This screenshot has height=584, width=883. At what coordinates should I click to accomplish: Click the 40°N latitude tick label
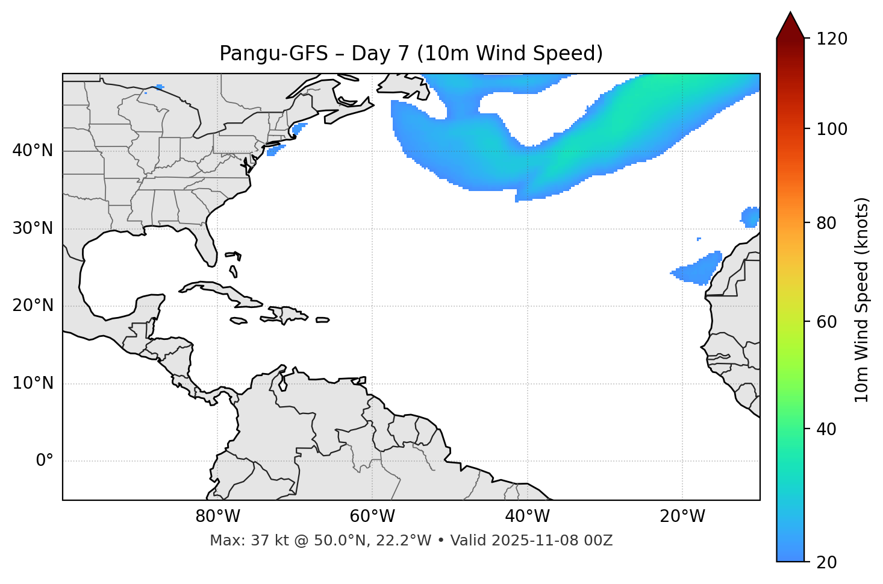tap(33, 151)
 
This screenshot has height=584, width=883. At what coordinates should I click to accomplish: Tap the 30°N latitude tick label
tap(33, 228)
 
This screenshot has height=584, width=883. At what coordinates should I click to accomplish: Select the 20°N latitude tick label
tap(33, 306)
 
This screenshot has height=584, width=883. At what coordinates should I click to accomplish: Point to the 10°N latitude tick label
tap(33, 383)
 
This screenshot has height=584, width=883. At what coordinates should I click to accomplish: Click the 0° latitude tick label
tap(45, 461)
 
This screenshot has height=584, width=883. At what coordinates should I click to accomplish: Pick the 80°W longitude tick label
tap(217, 516)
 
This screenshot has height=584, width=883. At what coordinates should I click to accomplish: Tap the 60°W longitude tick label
tap(372, 516)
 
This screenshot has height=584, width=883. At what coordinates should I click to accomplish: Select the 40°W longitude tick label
tap(527, 516)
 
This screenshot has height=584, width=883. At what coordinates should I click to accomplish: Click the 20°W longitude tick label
tap(682, 516)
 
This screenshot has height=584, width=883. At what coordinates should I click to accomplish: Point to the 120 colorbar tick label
tap(832, 39)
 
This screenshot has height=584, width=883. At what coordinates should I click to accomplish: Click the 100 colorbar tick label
tap(832, 129)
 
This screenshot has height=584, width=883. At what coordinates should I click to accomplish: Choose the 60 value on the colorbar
tap(828, 322)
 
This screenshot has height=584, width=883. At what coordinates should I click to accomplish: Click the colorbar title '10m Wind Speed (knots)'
tap(862, 300)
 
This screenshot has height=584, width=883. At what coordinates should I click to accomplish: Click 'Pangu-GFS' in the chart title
tap(273, 54)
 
